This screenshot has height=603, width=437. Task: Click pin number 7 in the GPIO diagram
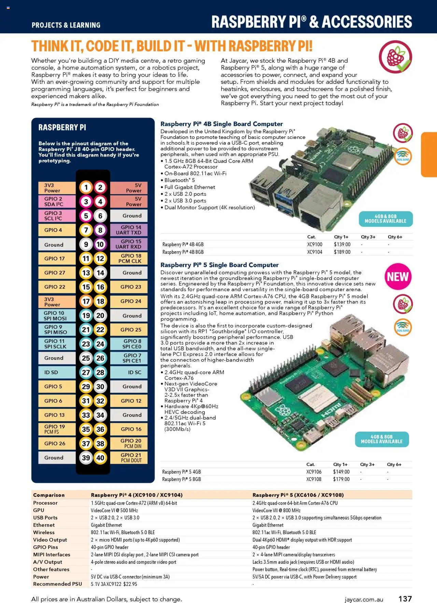point(86,230)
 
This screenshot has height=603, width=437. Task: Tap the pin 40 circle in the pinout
point(100,457)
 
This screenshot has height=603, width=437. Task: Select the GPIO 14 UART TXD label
point(128,230)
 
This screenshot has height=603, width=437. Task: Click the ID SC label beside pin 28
point(129,372)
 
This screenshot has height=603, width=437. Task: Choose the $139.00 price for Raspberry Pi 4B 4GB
point(342,244)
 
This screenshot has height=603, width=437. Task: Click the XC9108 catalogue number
point(314,479)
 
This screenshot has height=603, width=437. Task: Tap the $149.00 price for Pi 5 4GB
point(341,472)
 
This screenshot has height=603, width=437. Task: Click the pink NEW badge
point(398,276)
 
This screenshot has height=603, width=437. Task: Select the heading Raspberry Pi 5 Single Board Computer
point(220,265)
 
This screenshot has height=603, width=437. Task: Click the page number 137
point(405,599)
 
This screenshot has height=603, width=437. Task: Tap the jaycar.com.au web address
point(364,599)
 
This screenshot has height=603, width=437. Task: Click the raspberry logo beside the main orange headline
point(395,57)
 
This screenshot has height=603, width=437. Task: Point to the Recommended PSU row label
point(57,584)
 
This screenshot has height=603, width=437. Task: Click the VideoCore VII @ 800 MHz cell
point(277,510)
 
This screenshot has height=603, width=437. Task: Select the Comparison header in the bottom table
point(49,495)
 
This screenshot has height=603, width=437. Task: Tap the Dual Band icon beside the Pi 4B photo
point(403,156)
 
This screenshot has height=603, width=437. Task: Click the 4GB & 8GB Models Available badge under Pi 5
point(382,439)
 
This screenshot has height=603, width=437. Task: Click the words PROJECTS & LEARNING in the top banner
point(66,25)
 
